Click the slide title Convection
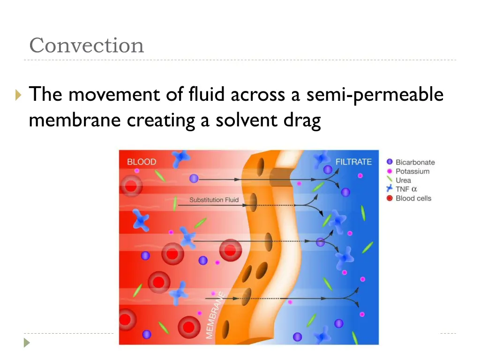pos(87,45)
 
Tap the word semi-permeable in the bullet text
pos(375,95)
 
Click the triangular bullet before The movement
pos(18,96)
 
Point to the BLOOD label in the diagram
pos(142,162)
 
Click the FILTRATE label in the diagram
pos(353,162)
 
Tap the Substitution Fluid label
pos(214,200)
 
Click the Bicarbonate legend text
pos(415,162)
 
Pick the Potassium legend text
pos(412,171)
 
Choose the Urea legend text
pos(403,180)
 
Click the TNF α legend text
pos(406,189)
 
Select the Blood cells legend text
pos(413,198)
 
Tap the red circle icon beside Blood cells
pos(389,198)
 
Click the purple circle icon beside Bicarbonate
pos(389,162)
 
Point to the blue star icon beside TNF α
pos(389,189)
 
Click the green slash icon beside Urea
pos(389,180)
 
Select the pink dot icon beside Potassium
pos(389,171)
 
